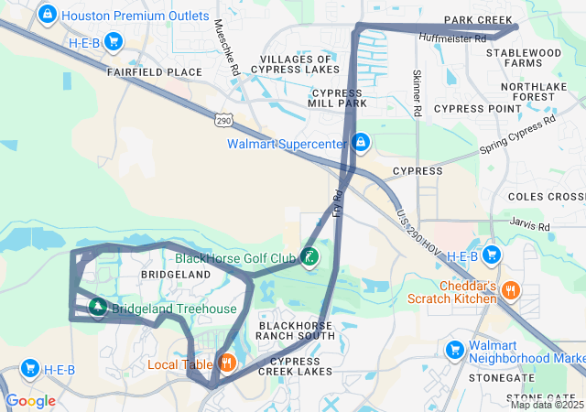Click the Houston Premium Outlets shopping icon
47,15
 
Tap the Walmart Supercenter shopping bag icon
362,143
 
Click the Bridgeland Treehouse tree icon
96,308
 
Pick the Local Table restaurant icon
226,363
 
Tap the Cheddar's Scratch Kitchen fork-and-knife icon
511,292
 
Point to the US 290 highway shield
224,120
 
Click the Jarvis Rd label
530,226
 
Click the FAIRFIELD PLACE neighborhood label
154,71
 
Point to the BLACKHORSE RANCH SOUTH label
297,331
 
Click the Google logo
30,400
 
